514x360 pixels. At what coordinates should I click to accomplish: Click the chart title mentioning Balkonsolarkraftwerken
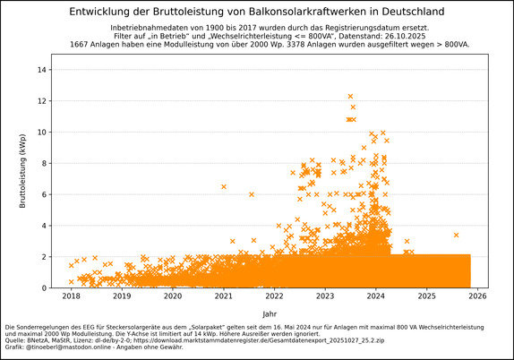256,12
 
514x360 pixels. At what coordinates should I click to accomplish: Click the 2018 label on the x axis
71,296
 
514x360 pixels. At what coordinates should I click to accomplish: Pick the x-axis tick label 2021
224,296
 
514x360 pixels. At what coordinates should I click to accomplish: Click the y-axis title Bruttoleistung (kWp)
23,171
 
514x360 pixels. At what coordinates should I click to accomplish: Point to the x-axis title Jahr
270,314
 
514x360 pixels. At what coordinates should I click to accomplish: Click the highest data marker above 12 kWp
350,96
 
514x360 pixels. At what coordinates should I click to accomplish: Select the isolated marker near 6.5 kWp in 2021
224,186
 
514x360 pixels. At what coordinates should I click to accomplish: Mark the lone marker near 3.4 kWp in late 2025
456,235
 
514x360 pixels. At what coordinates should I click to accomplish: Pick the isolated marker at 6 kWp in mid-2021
252,194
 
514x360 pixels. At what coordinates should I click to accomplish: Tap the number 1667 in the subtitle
79,43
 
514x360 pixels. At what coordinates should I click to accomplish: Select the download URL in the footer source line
296,341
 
